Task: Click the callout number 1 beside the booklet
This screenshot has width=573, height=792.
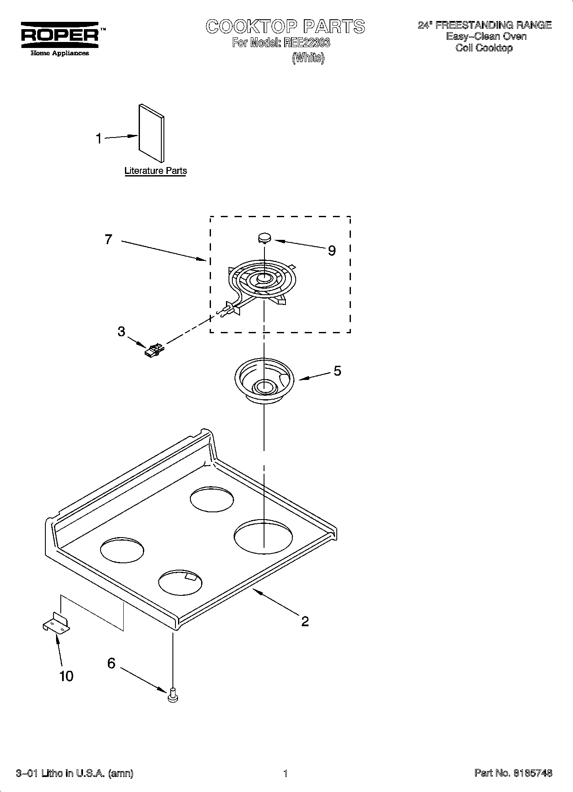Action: [x=99, y=139]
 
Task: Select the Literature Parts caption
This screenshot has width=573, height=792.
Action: [x=155, y=171]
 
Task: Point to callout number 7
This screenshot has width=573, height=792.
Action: [x=109, y=239]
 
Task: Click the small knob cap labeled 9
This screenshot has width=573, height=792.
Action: [x=265, y=237]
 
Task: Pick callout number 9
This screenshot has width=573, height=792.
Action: [x=332, y=251]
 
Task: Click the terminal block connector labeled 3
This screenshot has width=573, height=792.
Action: [x=154, y=350]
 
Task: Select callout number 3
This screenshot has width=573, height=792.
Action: [x=122, y=331]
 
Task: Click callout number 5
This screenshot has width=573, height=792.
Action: [x=338, y=371]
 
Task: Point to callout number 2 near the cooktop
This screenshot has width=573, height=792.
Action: [x=305, y=622]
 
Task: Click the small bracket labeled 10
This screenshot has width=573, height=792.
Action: [x=56, y=623]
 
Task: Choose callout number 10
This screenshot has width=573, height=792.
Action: [x=66, y=676]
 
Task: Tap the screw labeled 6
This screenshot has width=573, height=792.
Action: [x=173, y=694]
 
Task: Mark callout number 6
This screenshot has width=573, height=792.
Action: [x=111, y=663]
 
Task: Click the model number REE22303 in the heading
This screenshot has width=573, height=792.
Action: [x=304, y=43]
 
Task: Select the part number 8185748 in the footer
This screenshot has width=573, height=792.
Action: [x=532, y=773]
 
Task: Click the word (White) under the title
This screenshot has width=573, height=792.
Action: [x=308, y=58]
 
